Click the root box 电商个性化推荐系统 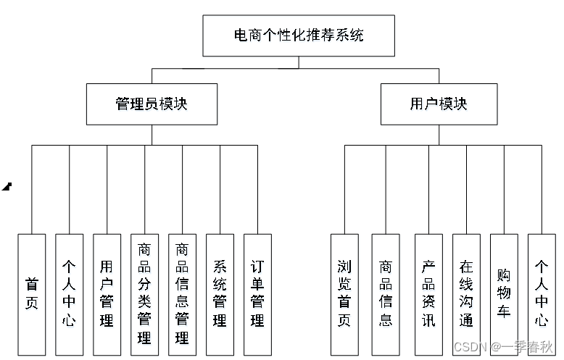pos(299,35)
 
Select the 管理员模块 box pos(152,104)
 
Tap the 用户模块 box pos(439,104)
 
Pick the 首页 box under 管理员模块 pos(32,295)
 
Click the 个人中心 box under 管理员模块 pos(69,295)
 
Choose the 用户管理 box pos(107,295)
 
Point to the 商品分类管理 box pos(144,295)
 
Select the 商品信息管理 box pos(183,295)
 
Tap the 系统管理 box pos(220,295)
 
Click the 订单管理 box pos(257,295)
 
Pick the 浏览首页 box pos(344,295)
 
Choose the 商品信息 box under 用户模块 pos(386,295)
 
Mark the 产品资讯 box pos(428,295)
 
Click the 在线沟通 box pos(467,295)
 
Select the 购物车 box pos(504,295)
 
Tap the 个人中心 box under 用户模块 pos(542,295)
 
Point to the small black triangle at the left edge pos(7,186)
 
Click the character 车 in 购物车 pos(504,311)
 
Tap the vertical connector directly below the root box pos(299,62)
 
